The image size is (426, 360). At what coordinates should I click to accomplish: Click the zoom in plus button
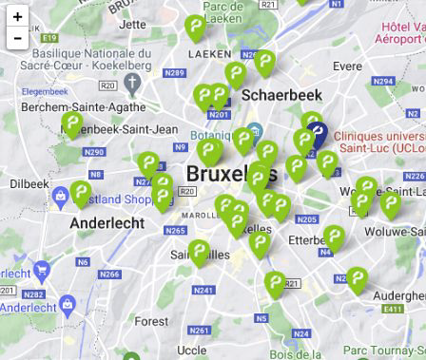tap(17, 16)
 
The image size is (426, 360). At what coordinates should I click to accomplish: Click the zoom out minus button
tap(17, 38)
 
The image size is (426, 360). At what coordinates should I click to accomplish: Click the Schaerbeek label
tap(281, 95)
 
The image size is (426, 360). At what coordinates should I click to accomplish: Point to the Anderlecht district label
tap(107, 223)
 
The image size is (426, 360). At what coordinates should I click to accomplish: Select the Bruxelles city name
tap(231, 174)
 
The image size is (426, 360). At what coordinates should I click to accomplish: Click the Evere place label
tap(347, 66)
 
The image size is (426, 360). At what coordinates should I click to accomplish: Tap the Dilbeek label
tap(29, 183)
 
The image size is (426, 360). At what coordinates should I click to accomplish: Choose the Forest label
tap(150, 322)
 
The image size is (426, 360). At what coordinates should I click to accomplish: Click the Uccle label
tap(191, 351)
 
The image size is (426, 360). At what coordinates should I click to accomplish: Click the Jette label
tap(133, 25)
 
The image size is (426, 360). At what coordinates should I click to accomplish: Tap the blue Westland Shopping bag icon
tap(61, 198)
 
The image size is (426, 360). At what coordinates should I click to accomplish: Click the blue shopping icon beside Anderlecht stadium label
tap(67, 306)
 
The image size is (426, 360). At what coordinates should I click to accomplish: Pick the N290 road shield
tap(93, 152)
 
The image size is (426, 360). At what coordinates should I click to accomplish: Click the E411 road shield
tap(393, 309)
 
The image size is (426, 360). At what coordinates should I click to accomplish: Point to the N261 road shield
tap(199, 331)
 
